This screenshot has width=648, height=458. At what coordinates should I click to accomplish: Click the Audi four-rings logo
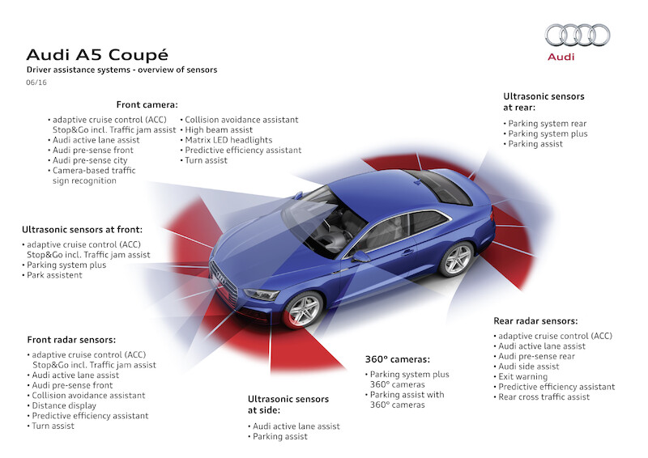click(577, 35)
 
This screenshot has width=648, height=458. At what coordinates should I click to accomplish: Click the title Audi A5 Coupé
click(97, 55)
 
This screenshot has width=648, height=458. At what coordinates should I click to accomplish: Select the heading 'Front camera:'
click(147, 104)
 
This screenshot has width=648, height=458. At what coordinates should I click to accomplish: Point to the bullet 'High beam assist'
click(219, 129)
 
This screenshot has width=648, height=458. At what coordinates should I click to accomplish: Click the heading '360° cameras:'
click(397, 358)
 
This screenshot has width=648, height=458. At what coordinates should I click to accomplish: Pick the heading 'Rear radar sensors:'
click(535, 320)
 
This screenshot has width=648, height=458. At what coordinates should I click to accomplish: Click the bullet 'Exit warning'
click(526, 376)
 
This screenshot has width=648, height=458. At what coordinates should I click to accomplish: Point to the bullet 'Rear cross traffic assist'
click(544, 397)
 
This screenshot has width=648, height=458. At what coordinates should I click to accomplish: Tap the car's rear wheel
click(457, 259)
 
